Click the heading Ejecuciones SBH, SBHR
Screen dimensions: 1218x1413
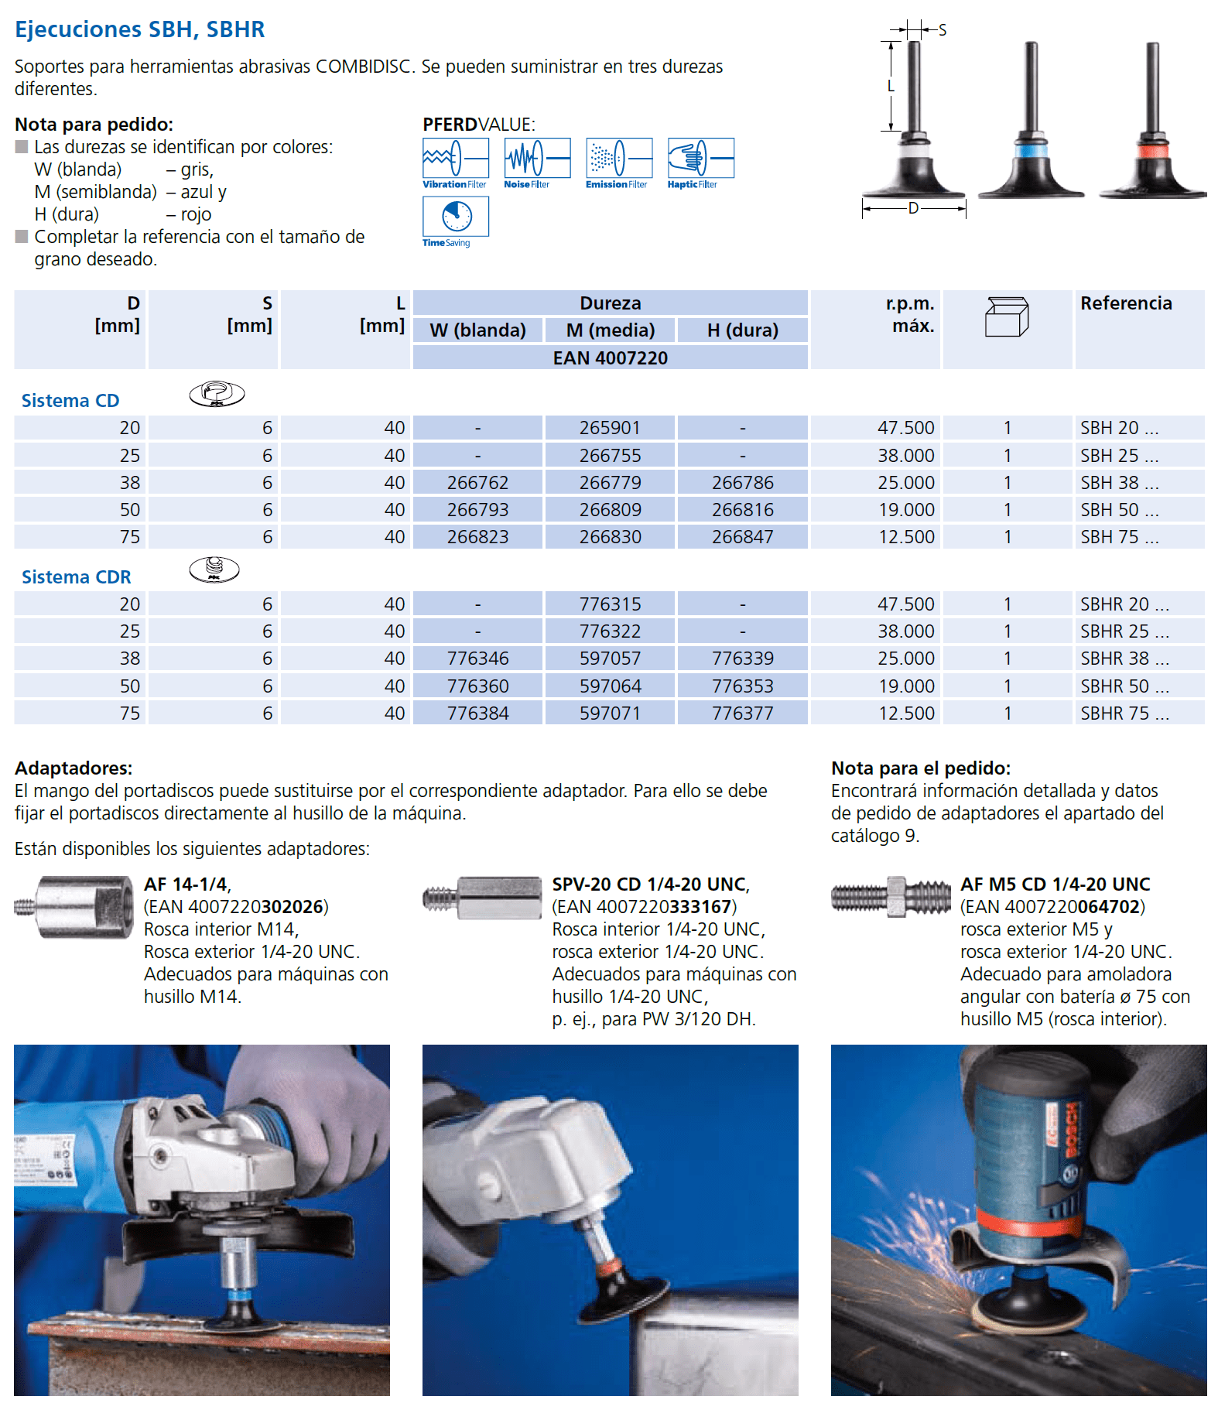[x=140, y=29]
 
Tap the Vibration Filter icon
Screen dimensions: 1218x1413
[x=456, y=159]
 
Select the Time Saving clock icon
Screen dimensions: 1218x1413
[x=456, y=217]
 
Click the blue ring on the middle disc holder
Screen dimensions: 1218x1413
[x=1031, y=149]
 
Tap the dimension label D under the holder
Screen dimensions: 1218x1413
[x=914, y=208]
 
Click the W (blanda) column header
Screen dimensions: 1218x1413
[x=478, y=330]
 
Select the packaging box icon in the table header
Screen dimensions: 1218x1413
[x=1007, y=316]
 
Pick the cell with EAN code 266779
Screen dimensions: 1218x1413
[x=611, y=483]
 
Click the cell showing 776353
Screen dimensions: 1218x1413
[x=743, y=686]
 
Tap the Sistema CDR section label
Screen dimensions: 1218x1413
[x=76, y=577]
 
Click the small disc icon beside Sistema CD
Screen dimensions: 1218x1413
[x=217, y=394]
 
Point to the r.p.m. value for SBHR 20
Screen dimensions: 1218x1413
[x=906, y=604]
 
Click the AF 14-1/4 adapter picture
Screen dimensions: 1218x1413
[x=74, y=907]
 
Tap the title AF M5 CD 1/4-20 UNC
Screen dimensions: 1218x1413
[x=1055, y=884]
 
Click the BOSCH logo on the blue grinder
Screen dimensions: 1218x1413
[x=1072, y=1131]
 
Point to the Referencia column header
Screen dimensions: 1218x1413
[x=1126, y=303]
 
